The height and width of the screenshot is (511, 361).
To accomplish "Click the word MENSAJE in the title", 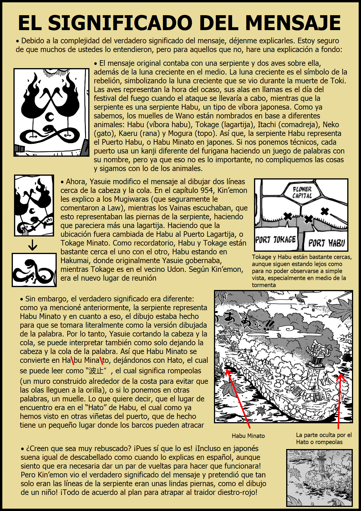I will pos(293,23).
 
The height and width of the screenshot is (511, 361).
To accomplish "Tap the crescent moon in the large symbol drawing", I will pos(50,117).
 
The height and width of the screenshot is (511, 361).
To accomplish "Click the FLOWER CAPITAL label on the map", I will pos(302,192).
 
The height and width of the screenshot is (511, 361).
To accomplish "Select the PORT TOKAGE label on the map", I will pos(275,240).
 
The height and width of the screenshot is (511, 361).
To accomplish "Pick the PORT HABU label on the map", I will pos(327,243).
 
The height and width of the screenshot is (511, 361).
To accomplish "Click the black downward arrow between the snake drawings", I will pos(33,245).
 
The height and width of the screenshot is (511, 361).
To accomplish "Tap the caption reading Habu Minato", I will pos(248,436).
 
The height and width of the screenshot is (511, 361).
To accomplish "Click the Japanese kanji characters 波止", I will pos(96,371).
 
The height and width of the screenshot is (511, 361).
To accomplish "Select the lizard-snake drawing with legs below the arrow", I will pos(34,270).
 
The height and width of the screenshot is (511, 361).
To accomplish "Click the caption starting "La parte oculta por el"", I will pos(324,438).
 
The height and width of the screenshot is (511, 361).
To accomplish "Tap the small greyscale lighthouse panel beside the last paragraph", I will pos(319,478).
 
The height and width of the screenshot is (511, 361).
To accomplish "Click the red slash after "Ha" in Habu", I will pos(72,360).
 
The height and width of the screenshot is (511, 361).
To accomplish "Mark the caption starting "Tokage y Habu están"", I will pos(302,271).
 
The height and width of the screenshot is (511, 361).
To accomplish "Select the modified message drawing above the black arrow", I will pos(34,205).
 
